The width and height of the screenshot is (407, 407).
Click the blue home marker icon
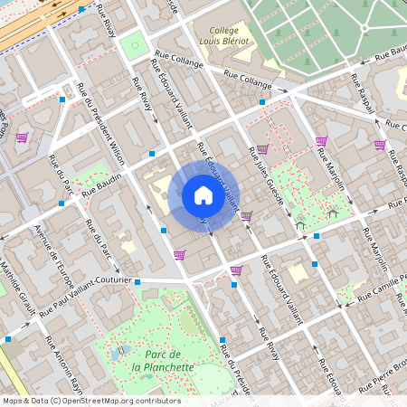[203, 195]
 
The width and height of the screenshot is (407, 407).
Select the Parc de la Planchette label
[163, 360]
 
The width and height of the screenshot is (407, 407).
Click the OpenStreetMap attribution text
[90, 400]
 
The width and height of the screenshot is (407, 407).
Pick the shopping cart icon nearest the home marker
[246, 215]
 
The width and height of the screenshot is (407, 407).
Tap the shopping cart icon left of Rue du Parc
[22, 137]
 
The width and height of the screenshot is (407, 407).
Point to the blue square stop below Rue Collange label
[261, 102]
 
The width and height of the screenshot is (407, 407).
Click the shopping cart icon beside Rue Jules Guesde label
[261, 149]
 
